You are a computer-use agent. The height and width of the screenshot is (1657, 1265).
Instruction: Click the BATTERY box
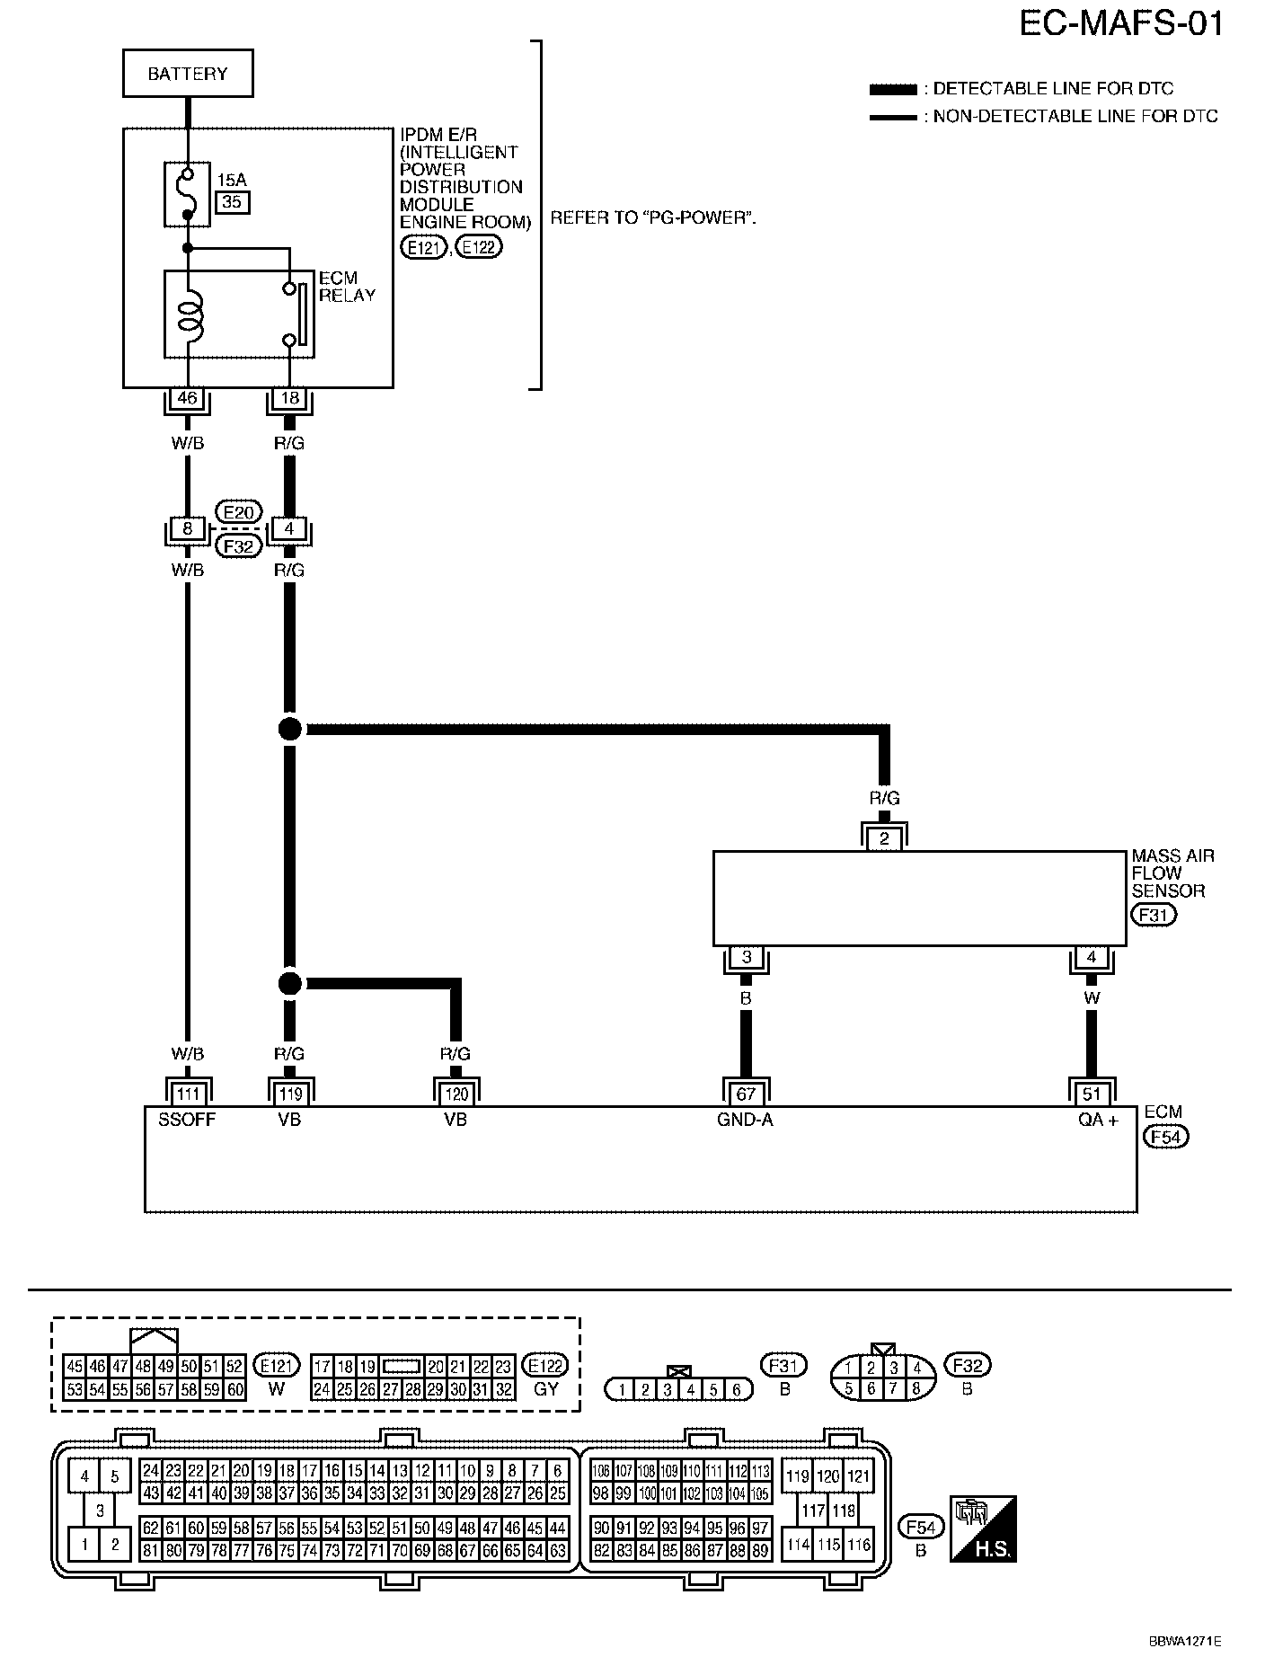188,74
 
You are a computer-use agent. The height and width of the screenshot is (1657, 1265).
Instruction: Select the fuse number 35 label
232,202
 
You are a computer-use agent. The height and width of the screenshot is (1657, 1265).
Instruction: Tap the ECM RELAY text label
346,287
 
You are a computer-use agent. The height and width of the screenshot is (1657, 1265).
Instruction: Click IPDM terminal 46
187,398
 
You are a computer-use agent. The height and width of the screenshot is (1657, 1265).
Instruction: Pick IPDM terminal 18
290,398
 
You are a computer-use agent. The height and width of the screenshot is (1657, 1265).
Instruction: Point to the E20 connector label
238,512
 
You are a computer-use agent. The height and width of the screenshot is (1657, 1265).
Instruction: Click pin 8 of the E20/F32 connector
187,529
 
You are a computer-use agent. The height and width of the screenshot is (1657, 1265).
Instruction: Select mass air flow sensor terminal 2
885,839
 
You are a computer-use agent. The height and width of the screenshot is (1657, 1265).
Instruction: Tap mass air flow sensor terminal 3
746,957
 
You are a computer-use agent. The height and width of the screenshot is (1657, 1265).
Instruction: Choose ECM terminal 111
187,1094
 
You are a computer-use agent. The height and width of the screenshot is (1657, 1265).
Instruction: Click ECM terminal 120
456,1094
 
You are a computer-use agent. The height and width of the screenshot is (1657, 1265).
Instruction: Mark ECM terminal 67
746,1094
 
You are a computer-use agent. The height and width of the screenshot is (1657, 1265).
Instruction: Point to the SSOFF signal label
187,1120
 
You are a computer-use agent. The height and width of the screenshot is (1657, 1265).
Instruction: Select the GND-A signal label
746,1120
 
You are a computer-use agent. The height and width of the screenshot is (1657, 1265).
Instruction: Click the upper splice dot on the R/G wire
289,729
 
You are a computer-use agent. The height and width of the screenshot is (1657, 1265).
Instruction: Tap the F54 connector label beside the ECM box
1165,1137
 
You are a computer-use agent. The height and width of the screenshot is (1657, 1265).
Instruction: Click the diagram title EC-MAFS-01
1121,23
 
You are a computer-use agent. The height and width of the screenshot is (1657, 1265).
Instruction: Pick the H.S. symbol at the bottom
983,1529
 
